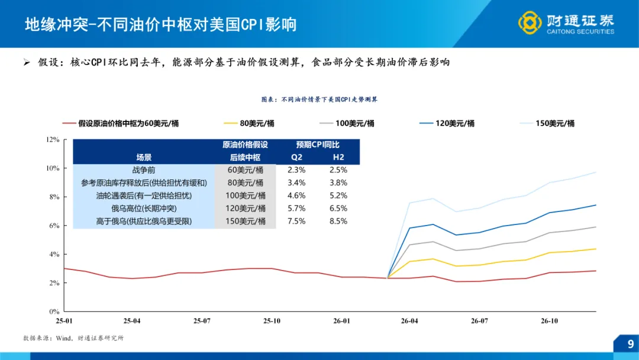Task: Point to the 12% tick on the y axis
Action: tap(53, 140)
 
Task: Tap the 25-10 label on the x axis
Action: tap(271, 321)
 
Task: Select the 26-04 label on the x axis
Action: tap(409, 321)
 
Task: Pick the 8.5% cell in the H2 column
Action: tap(337, 221)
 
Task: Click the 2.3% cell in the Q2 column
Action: tap(296, 170)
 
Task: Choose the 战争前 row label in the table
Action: tap(144, 170)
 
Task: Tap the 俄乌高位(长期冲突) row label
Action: tap(144, 208)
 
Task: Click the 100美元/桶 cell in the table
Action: tap(246, 195)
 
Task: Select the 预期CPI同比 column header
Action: tap(318, 145)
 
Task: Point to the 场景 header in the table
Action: tap(144, 157)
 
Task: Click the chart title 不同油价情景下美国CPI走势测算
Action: tap(319, 99)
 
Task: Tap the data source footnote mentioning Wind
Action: tap(73, 338)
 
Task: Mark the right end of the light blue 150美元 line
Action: tap(595, 172)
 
